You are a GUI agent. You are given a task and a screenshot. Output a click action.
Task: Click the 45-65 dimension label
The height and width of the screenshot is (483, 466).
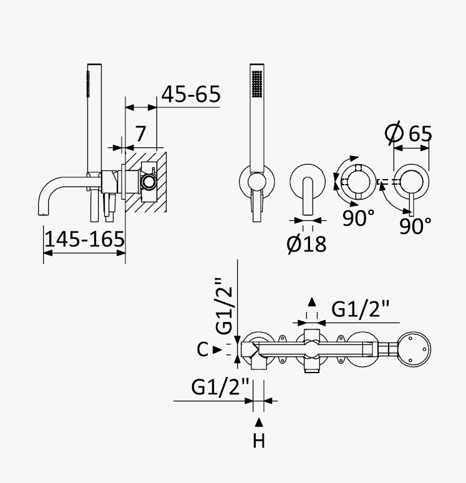191,94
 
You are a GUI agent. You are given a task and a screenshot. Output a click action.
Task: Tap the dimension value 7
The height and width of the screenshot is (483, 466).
140,134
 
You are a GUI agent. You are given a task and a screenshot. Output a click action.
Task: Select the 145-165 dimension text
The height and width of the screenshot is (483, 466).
85,239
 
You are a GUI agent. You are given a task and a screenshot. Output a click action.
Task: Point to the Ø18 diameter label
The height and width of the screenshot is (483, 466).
306,244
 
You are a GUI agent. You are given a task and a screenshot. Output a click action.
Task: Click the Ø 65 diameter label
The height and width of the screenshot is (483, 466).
409,133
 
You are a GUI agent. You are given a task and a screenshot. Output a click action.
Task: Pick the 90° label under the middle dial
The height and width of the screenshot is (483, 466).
359,217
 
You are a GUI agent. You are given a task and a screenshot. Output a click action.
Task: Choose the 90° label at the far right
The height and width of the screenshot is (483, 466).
415,226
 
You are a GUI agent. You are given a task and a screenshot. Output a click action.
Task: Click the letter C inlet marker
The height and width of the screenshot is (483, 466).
203,349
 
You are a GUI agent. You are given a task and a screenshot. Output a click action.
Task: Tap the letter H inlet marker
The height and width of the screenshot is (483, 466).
259,441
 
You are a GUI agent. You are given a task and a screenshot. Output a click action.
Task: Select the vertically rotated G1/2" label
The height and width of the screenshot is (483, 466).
224,306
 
